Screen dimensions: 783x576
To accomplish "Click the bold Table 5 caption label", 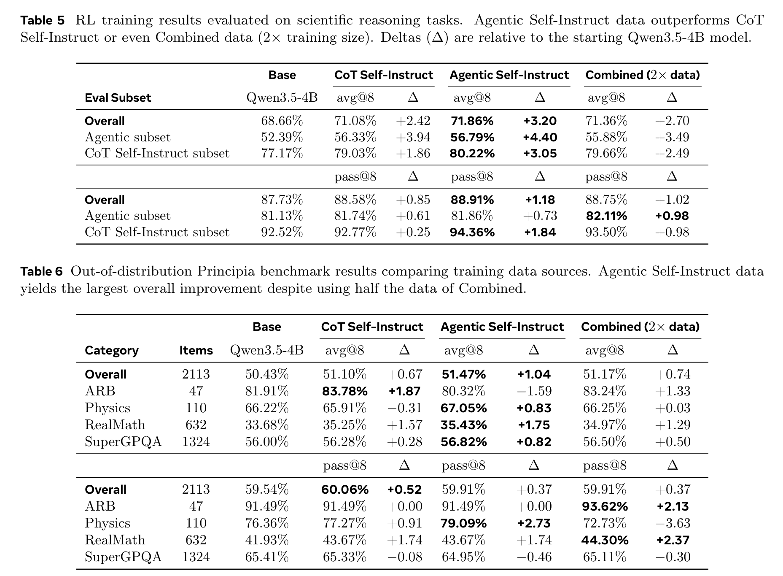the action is coord(43,20).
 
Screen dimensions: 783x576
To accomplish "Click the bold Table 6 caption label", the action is coord(42,271).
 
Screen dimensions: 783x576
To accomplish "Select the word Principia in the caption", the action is coord(226,271).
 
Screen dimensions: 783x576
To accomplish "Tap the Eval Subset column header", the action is coord(118,98).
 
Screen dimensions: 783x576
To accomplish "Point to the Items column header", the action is coord(196,351).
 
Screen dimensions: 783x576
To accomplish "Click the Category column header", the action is coord(112,351).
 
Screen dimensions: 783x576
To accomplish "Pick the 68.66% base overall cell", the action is coord(282,121).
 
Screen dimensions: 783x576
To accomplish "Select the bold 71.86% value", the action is coord(472,121).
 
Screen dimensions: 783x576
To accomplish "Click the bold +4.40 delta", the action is coord(540,138).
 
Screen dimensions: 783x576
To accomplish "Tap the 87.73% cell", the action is coord(282,200).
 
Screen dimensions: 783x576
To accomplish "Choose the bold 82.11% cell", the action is coord(606,216).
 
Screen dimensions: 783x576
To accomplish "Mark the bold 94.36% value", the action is coord(472,233).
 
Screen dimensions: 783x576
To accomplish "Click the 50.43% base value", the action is coord(267,374).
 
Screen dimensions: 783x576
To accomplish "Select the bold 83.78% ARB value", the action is coord(345,392).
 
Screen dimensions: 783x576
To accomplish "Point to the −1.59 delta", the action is coord(534,391).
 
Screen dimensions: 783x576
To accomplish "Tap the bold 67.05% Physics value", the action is coord(464,408).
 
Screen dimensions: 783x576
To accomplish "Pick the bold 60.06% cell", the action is coord(345,489).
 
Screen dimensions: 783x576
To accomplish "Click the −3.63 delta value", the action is coord(673,523).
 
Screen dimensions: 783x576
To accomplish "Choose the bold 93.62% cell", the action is coord(605,506).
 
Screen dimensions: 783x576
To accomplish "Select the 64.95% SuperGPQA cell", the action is coord(464,557).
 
